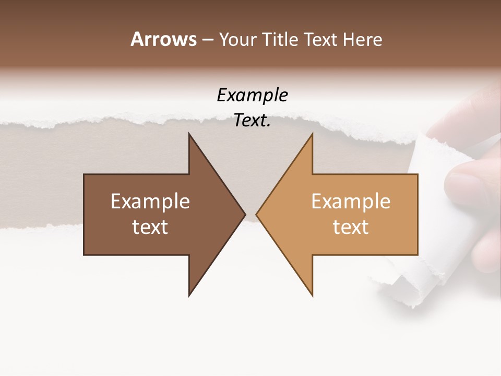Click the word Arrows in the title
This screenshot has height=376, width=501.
(x=163, y=39)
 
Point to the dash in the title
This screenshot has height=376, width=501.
(x=207, y=40)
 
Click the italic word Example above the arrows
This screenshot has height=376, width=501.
(x=252, y=95)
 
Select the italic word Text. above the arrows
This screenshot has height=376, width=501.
(x=252, y=121)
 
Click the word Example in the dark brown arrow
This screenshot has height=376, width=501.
(x=150, y=202)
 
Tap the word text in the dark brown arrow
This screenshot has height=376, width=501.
(x=150, y=227)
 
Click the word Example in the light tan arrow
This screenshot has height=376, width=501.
(x=351, y=202)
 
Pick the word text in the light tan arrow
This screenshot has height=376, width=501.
(x=351, y=227)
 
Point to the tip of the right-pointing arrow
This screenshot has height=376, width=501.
(x=245, y=214)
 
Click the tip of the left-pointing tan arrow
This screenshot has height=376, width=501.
(x=256, y=214)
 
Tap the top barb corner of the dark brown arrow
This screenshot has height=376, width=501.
(x=189, y=134)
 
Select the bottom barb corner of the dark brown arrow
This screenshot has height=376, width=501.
(x=189, y=296)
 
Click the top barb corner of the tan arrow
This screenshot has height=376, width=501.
(x=312, y=134)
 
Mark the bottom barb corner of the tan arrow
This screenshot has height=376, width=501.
(x=312, y=296)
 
